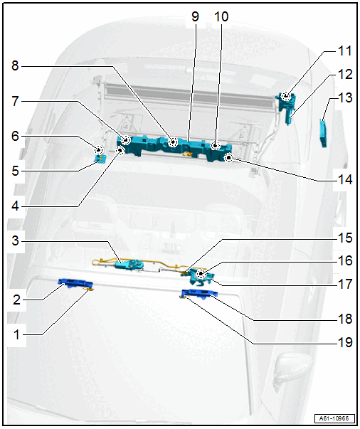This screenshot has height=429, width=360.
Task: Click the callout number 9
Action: pos(195,16)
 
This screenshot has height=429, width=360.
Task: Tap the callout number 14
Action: pos(345,179)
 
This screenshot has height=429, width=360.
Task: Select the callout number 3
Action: pos(16,240)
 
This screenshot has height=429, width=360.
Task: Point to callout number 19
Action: pos(345,342)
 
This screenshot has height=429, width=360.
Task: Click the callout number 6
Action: pos(16,136)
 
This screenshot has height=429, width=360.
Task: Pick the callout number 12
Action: pos(345,75)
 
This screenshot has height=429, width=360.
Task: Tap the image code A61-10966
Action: pos(334,418)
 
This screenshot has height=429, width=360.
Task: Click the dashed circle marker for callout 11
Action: pos(286,96)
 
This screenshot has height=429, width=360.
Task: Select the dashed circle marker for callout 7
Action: pos(126,140)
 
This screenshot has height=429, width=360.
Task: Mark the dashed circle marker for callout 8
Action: pos(173,142)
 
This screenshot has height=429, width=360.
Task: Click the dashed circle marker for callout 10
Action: pos(216,145)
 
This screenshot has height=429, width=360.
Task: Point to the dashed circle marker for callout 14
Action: pos(228,158)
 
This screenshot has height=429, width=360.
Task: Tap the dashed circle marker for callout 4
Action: pos(120,150)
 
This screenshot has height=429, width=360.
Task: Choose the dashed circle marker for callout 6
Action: pos(98,150)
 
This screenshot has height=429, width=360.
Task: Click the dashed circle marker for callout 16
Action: pos(201,273)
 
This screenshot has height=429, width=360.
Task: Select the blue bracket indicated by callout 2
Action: pos(75,283)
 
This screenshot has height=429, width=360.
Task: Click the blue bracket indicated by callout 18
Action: pos(199,294)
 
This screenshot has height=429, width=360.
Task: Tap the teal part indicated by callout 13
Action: pos(323,133)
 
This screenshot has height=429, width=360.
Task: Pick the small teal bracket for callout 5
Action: pos(100,159)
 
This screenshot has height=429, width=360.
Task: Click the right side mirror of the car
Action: pos(293,369)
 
